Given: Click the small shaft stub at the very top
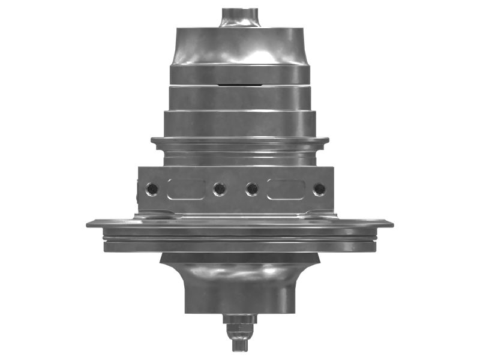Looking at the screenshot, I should coord(240,16).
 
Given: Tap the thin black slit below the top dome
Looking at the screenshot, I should coord(240,85).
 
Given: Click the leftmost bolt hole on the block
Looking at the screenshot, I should coord(153,189).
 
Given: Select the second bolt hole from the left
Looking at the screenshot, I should coord(219,190).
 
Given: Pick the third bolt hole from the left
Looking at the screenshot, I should coord(253,190).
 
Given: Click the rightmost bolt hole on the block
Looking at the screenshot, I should coord(319,189).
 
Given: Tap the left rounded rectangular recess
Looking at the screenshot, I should coord(186,189).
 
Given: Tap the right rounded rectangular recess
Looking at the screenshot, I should coord(286,189).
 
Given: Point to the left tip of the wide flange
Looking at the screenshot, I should coord(89,224).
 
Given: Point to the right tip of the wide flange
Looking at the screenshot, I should coord(391,224).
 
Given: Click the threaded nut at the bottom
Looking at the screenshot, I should coord(240,329).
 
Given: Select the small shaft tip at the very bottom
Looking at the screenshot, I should coord(240,346).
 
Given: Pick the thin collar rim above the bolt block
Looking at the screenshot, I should coord(240,142).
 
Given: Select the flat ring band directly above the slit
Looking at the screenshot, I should coord(240,74).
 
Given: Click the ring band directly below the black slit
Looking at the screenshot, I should coord(240,98).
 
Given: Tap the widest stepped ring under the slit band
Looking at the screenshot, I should coord(240,123).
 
